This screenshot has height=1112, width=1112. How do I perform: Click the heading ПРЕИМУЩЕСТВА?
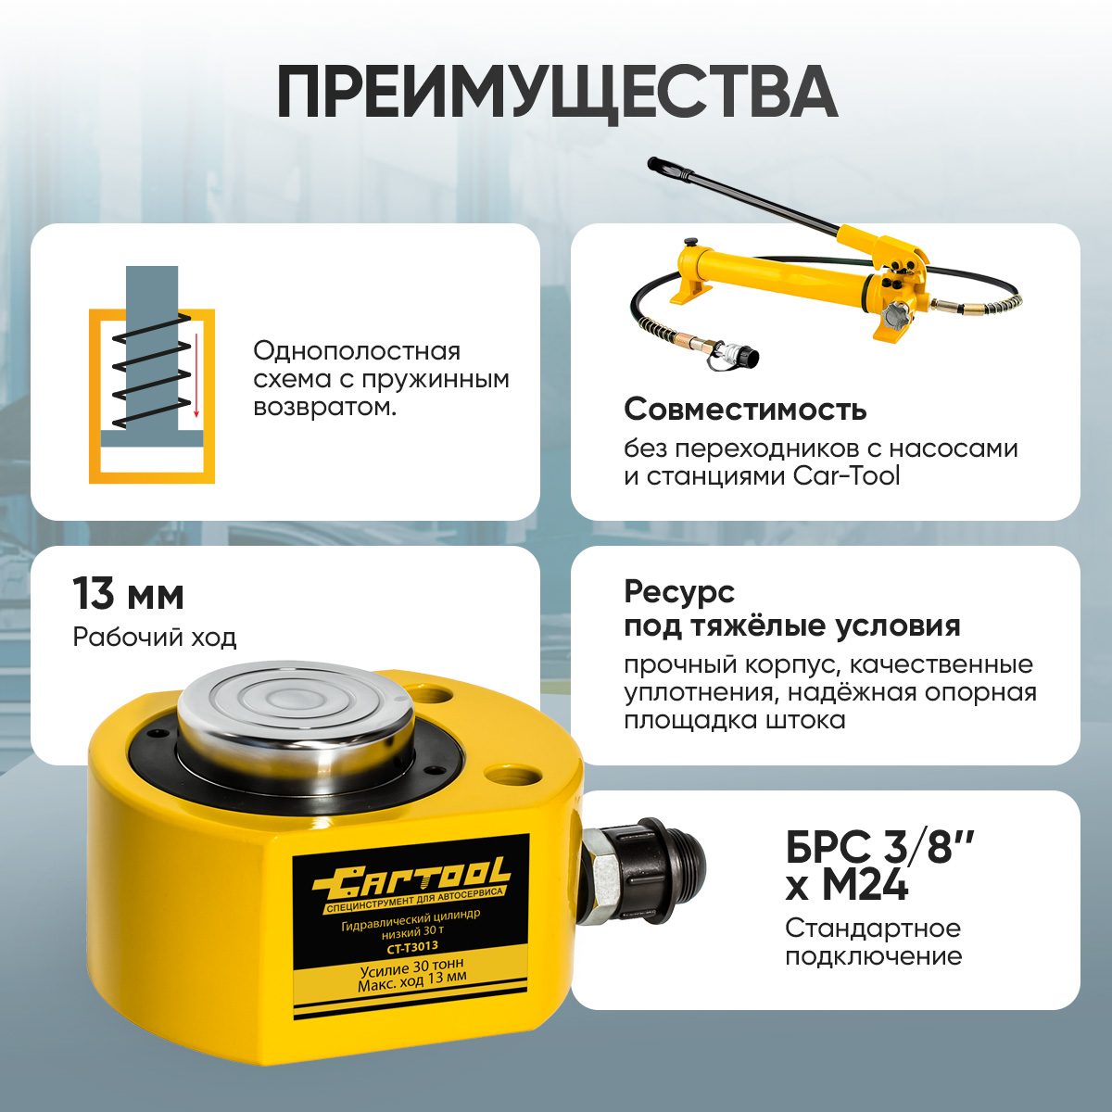[x=557, y=95]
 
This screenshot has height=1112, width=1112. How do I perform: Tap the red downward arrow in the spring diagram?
[x=196, y=374]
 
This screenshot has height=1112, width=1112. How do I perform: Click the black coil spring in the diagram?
[x=151, y=371]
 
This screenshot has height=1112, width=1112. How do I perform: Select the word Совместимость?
[x=745, y=410]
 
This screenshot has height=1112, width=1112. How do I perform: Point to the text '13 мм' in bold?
[x=128, y=595]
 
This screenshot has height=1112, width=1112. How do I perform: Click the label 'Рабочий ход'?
[x=155, y=638]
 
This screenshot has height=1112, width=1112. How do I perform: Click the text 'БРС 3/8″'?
[x=879, y=847]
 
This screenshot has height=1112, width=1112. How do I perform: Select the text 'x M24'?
[x=847, y=886]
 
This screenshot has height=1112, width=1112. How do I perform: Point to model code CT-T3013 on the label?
[x=412, y=947]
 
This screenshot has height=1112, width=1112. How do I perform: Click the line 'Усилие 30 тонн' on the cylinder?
[x=411, y=966]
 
